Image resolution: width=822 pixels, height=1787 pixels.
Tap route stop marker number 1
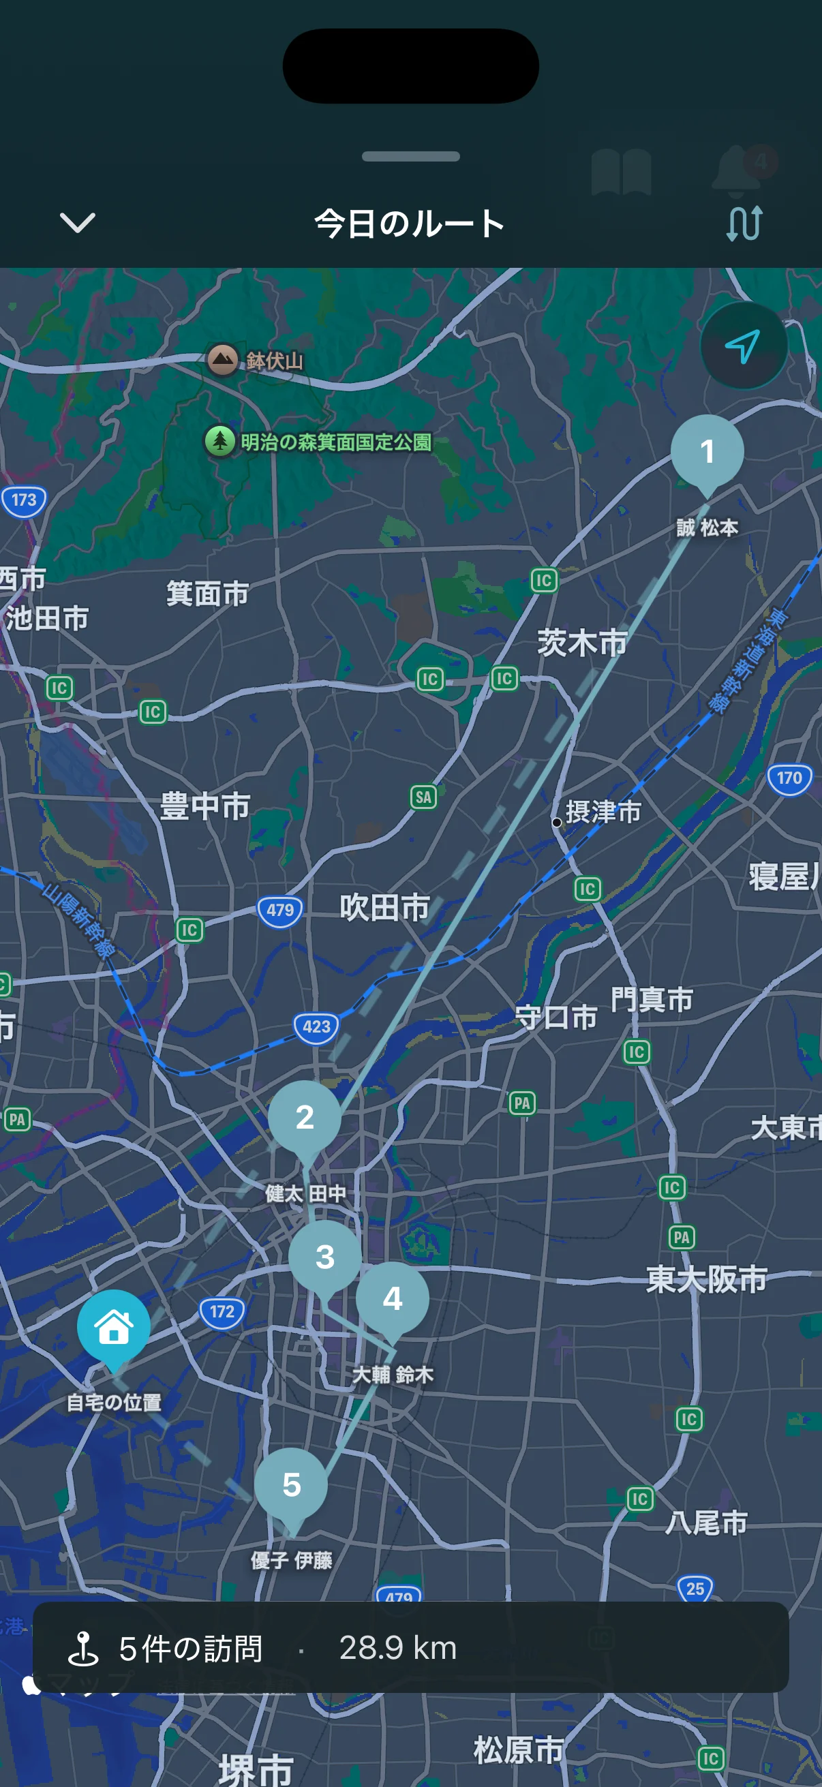pyautogui.click(x=707, y=452)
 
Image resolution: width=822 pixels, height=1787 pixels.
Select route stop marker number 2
pyautogui.click(x=305, y=1117)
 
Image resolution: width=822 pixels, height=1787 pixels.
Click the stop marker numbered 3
pyautogui.click(x=324, y=1256)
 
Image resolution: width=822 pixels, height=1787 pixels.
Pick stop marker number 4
pyautogui.click(x=392, y=1298)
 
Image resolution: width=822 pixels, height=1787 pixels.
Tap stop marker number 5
pyautogui.click(x=291, y=1484)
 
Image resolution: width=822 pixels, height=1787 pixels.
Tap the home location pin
pyautogui.click(x=114, y=1327)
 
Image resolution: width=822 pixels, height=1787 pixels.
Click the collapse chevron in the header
pyautogui.click(x=77, y=224)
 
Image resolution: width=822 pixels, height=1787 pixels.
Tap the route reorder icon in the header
pyautogui.click(x=744, y=224)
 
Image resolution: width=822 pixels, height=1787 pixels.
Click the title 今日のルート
pyautogui.click(x=410, y=224)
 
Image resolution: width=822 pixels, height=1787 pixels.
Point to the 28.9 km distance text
pyautogui.click(x=397, y=1647)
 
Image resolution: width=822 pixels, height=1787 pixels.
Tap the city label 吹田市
pyautogui.click(x=384, y=907)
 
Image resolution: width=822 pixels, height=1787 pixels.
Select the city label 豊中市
pyautogui.click(x=204, y=807)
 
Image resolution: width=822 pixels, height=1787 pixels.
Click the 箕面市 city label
pyautogui.click(x=207, y=594)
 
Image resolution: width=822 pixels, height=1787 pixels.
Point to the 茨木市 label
pyautogui.click(x=582, y=643)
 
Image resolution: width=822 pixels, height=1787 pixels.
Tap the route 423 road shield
pyautogui.click(x=316, y=1026)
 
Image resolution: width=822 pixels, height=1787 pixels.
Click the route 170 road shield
pyautogui.click(x=789, y=778)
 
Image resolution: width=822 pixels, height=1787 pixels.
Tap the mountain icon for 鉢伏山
pyautogui.click(x=223, y=359)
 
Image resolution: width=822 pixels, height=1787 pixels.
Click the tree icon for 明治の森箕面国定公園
pyautogui.click(x=220, y=440)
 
